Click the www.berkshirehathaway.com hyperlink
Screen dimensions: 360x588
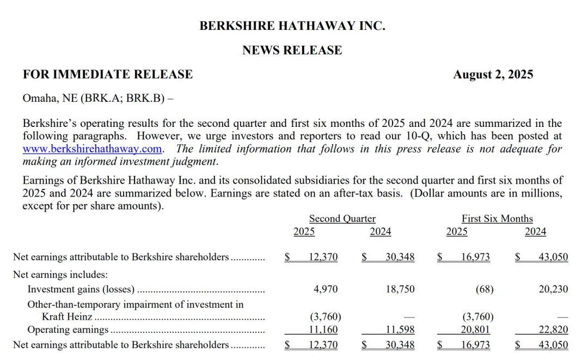(92, 149)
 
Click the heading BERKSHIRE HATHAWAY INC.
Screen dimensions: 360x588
(292, 26)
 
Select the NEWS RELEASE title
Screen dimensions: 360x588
(292, 50)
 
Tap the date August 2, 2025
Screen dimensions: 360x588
(493, 75)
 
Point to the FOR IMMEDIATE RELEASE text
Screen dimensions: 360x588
(108, 75)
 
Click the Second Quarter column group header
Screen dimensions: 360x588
(342, 219)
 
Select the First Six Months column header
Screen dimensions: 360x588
(497, 219)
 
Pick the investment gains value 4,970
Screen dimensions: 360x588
(326, 290)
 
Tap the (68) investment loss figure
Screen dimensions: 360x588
(484, 290)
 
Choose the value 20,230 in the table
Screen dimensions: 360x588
(553, 290)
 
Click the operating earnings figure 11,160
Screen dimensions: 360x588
(323, 330)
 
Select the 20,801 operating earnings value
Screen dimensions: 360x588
(475, 330)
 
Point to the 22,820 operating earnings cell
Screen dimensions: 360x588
(553, 330)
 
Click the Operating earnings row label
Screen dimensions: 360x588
(68, 330)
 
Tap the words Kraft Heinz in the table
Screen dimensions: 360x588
(68, 317)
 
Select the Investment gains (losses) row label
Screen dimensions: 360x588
(81, 290)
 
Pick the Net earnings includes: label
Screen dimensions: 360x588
(60, 275)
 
